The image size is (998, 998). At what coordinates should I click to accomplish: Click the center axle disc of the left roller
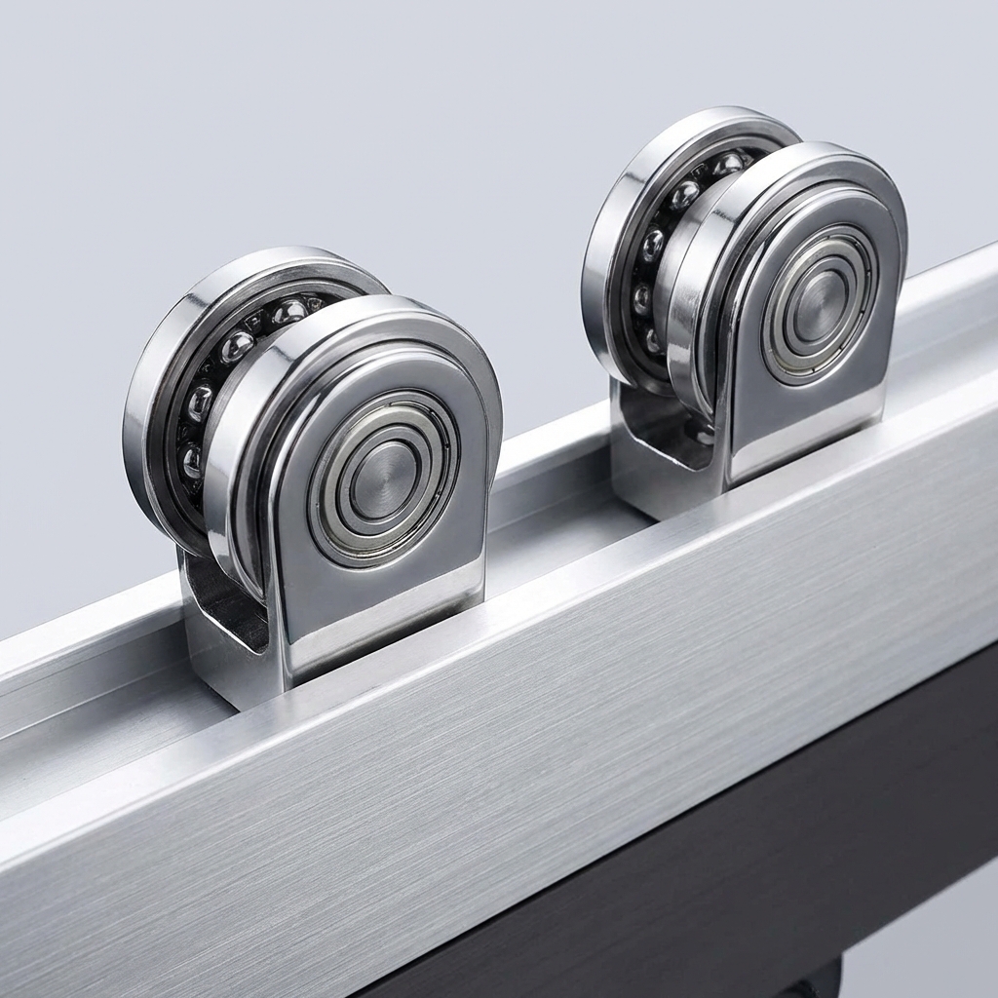click(x=384, y=479)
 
